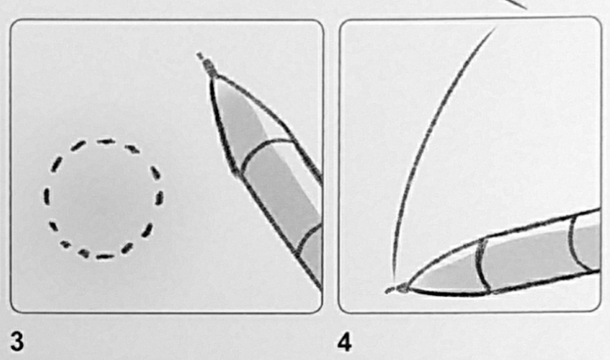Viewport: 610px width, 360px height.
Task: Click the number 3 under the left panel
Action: tap(17, 343)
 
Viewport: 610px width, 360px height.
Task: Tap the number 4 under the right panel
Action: tap(345, 343)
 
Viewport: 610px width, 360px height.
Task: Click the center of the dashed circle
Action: tap(103, 199)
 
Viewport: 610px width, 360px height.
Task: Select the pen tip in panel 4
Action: tap(399, 289)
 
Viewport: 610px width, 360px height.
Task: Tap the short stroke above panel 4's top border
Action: tap(518, 4)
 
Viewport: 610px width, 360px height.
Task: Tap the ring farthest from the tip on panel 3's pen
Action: tap(309, 238)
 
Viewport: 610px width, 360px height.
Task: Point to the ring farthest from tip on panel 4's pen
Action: tap(576, 243)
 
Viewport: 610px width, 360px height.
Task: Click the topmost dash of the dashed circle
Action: tap(106, 142)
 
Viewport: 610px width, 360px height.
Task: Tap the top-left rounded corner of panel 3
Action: tap(14, 24)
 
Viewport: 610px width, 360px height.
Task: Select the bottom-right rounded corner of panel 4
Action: tap(597, 307)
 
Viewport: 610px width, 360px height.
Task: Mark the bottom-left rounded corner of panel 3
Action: tap(14, 308)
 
